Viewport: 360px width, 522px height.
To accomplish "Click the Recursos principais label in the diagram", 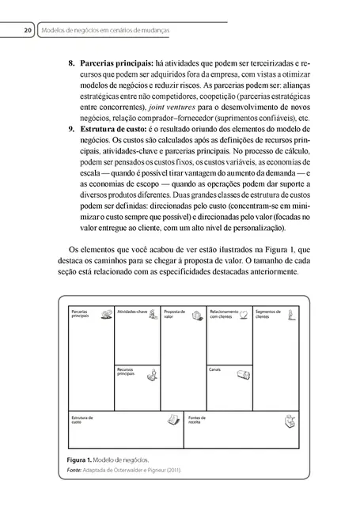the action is point(127,371).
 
